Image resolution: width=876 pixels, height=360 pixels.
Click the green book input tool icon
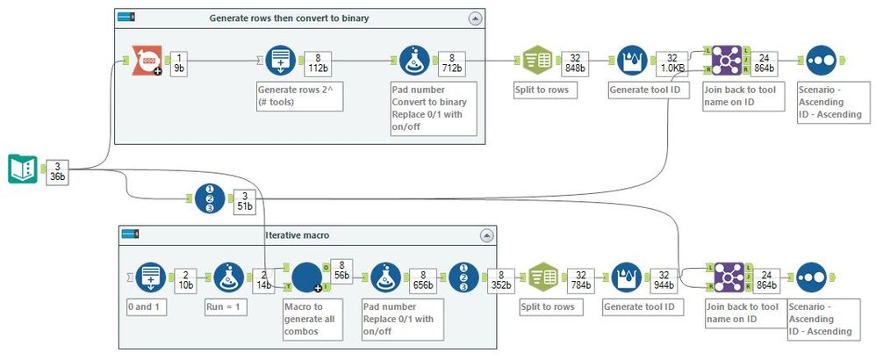(x=22, y=169)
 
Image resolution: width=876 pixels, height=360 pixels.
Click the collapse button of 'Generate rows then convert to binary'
(x=475, y=18)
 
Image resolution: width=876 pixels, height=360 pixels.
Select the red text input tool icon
(x=147, y=60)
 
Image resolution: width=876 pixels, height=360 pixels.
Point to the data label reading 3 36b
(x=58, y=170)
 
